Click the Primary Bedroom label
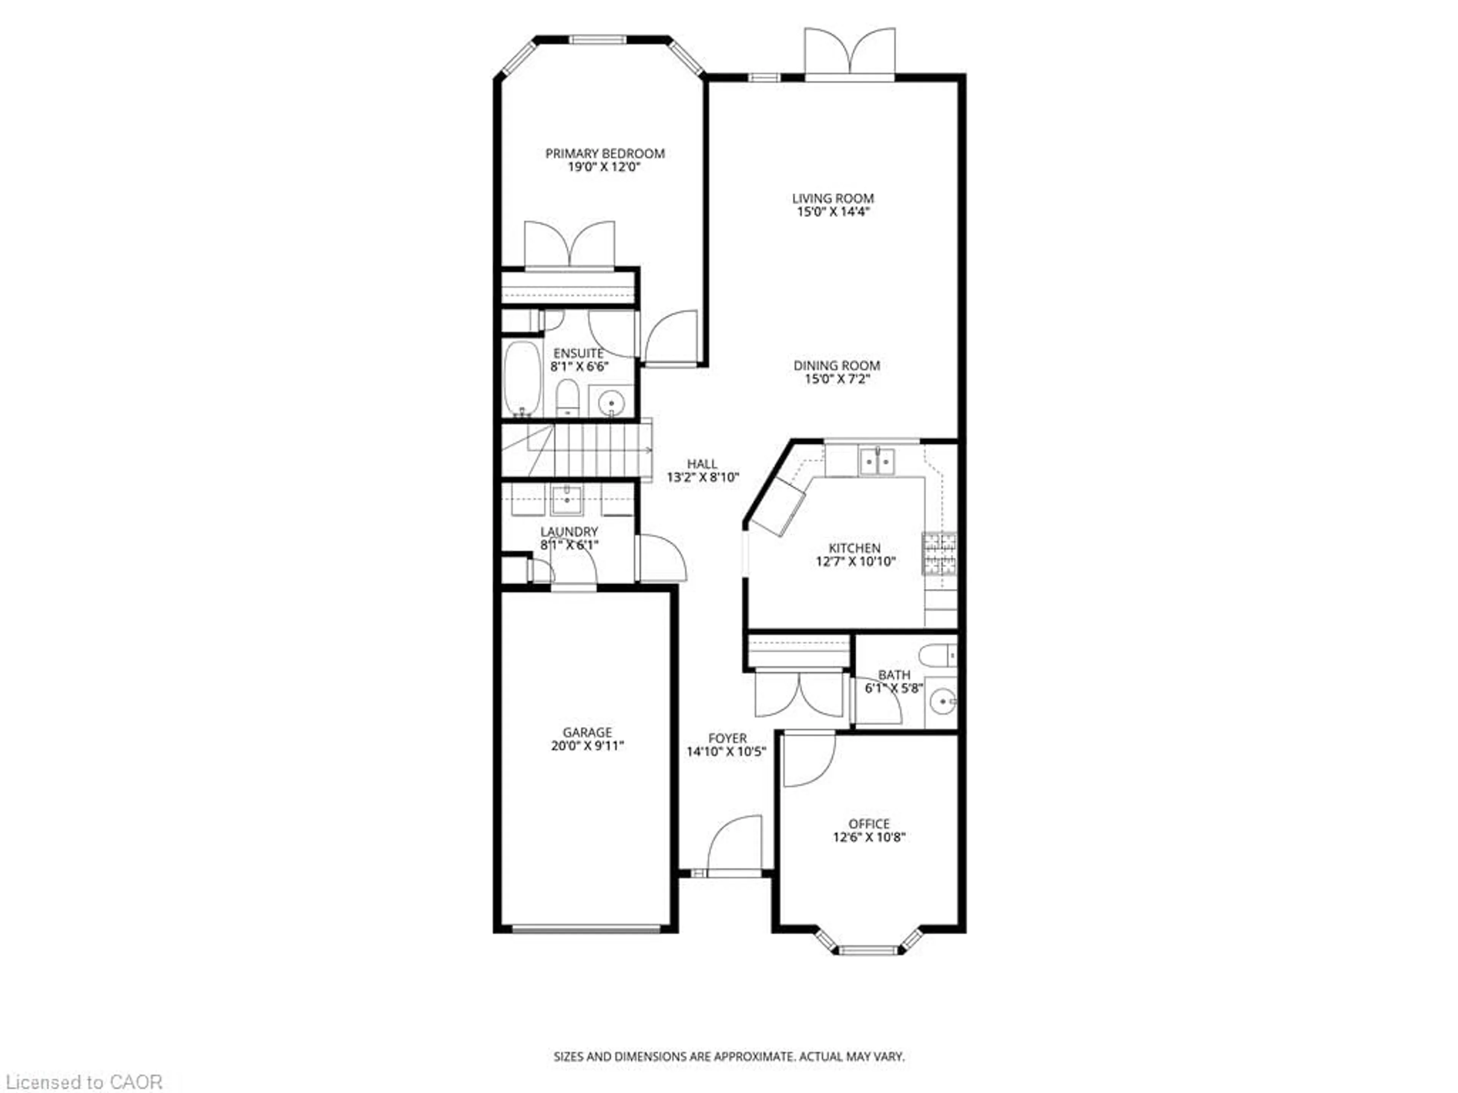pos(604,153)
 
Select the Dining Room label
pos(836,365)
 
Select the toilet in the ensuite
pos(567,397)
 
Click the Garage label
pos(587,732)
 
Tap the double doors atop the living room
pos(850,53)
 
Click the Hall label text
pos(702,464)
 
